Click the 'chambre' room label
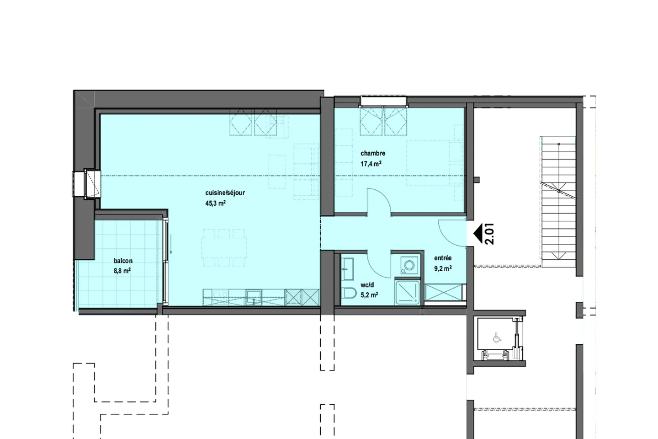[x=373, y=153]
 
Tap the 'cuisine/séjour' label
[x=225, y=193]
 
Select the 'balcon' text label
[x=123, y=261]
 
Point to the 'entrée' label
[x=443, y=258]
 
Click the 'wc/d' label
[x=367, y=285]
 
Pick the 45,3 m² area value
[x=216, y=203]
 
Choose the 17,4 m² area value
[x=371, y=164]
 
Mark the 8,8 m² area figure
[x=122, y=271]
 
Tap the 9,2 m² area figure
[x=443, y=268]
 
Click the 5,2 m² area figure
[x=369, y=295]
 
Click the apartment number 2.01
[x=490, y=234]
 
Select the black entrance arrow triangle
[x=478, y=234]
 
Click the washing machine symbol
[x=407, y=265]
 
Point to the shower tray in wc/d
[x=408, y=293]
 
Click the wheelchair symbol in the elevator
[x=496, y=337]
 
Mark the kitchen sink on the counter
[x=254, y=297]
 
